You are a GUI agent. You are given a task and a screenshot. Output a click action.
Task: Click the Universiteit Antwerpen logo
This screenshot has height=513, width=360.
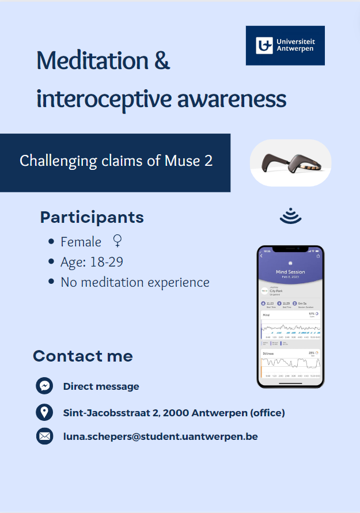(285, 45)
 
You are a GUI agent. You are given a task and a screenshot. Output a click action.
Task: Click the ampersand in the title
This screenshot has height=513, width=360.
(162, 61)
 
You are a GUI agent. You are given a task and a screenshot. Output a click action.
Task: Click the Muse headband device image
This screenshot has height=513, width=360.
(290, 163)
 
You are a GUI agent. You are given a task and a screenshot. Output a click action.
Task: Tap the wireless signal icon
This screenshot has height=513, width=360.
(291, 216)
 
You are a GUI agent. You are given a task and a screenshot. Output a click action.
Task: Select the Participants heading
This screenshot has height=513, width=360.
(92, 218)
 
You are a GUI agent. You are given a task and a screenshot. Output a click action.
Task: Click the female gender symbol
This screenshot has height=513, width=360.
(118, 241)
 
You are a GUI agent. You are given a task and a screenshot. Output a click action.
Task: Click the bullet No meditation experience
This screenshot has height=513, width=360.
(135, 282)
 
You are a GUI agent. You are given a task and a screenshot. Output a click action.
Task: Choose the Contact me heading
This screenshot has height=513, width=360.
(83, 356)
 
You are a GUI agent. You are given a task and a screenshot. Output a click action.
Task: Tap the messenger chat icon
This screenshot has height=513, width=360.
(44, 386)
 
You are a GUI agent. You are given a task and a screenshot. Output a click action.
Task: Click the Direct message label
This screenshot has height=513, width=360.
(101, 386)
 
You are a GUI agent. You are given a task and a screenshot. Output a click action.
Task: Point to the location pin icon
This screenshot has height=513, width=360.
(44, 412)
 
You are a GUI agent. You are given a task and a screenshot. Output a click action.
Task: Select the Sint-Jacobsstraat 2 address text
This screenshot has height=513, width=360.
(173, 413)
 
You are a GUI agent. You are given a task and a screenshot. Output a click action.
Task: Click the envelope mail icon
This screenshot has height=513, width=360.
(44, 436)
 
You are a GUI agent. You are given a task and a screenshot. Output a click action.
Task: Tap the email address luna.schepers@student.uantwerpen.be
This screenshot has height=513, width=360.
(160, 436)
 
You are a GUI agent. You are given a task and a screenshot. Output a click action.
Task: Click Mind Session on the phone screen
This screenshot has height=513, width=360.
(290, 272)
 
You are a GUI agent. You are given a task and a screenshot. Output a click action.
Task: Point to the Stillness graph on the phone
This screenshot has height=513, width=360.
(290, 363)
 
